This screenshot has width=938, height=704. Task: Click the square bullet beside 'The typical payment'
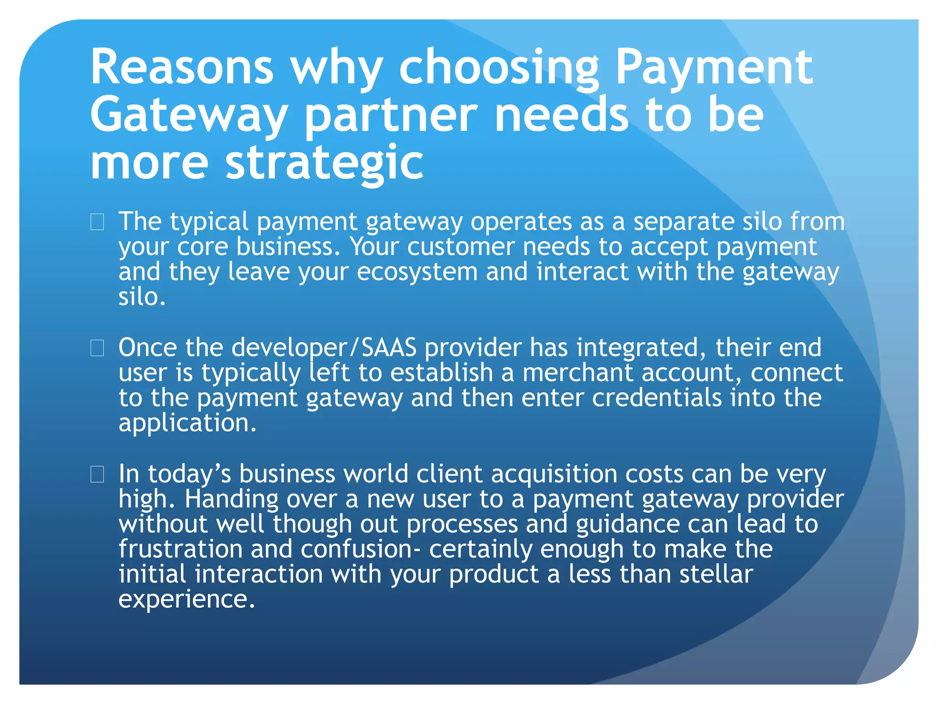pyautogui.click(x=97, y=222)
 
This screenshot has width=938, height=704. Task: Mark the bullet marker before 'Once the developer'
pyautogui.click(x=97, y=348)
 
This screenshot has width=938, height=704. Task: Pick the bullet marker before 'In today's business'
pyautogui.click(x=97, y=474)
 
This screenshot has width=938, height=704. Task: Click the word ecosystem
pyautogui.click(x=417, y=272)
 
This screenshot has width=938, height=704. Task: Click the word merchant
pyautogui.click(x=578, y=373)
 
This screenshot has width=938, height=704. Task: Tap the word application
pyautogui.click(x=187, y=423)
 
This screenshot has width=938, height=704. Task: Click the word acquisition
pyautogui.click(x=554, y=474)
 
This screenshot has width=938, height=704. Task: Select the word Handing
pyautogui.click(x=231, y=499)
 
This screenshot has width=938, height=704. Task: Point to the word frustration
pyautogui.click(x=180, y=549)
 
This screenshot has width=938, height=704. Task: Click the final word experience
pyautogui.click(x=186, y=599)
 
